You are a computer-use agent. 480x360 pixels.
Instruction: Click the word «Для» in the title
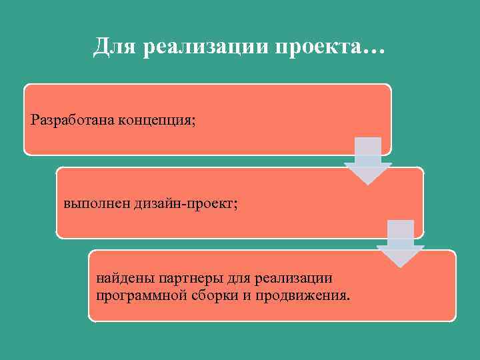click(114, 47)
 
